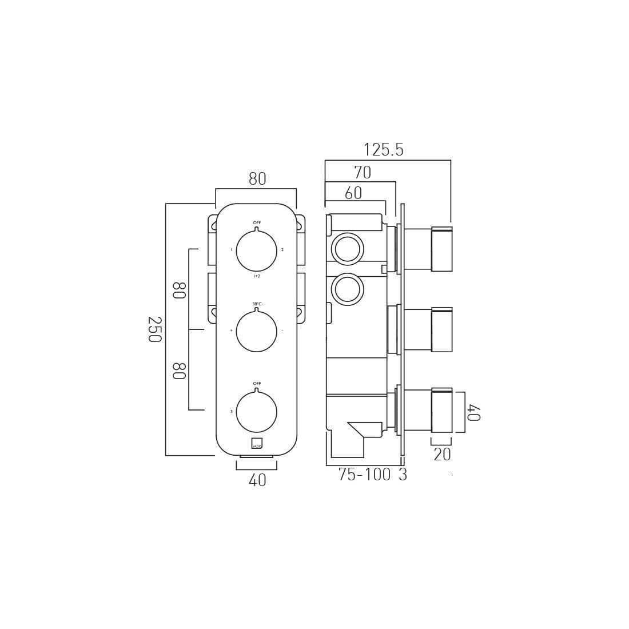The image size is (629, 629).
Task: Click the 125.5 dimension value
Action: pos(383,150)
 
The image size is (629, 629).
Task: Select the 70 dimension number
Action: pos(363,173)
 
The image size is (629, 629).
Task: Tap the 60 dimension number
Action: pos(353,194)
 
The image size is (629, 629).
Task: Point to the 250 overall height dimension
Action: pos(154,329)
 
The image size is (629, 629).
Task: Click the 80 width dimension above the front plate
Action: pos(257,180)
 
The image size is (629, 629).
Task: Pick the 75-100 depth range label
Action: pos(364,475)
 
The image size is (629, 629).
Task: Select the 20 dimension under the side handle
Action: pos(442,455)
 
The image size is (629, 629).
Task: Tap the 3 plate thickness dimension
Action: pos(403,475)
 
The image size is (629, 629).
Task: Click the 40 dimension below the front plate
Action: pos(257,481)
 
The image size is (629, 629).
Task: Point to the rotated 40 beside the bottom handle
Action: pos(473,412)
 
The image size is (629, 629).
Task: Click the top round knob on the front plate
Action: pos(256,251)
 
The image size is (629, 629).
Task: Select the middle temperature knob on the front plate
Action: pos(256,332)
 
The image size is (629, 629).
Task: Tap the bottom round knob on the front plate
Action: pos(256,412)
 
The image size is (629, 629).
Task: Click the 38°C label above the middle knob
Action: pos(257,304)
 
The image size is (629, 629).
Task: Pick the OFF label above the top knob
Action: pos(257,223)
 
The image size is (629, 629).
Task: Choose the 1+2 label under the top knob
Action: pos(257,276)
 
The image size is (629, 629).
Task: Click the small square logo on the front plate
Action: pos(257,443)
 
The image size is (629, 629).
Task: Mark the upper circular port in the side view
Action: pos(347,249)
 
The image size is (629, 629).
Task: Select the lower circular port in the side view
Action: pos(347,289)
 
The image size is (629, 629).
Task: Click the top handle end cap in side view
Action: pos(441,250)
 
